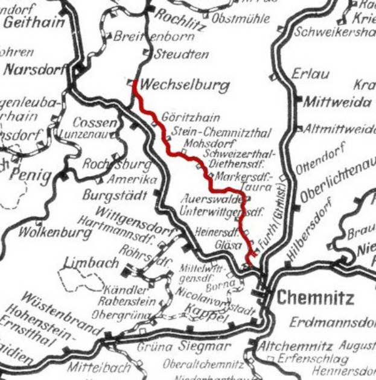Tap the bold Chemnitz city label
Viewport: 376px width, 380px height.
[x=315, y=297]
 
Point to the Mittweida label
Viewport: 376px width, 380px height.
[x=337, y=103]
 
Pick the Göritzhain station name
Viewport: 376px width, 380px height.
[x=190, y=118]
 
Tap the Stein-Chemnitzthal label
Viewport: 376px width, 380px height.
[x=221, y=132]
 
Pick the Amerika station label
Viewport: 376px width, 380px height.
[x=132, y=180]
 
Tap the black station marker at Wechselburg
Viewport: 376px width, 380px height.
[x=134, y=84]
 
